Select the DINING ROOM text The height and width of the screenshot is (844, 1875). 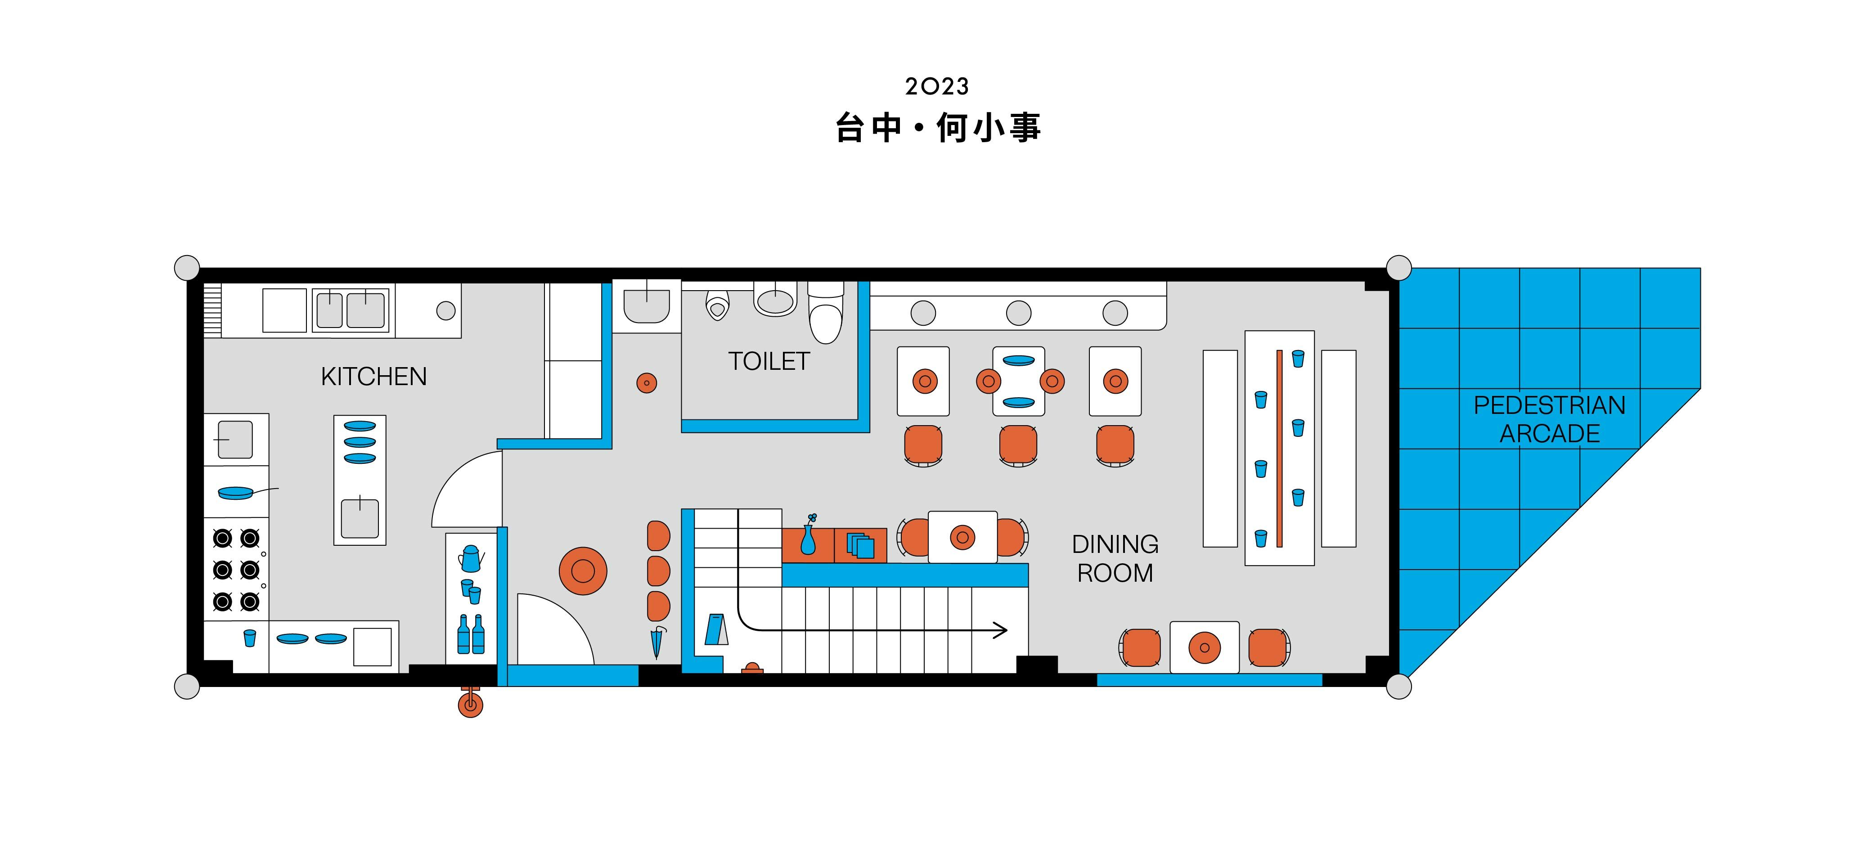click(1115, 558)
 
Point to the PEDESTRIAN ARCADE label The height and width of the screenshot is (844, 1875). click(1550, 419)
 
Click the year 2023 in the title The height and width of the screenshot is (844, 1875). click(937, 86)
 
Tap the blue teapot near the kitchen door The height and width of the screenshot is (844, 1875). click(471, 558)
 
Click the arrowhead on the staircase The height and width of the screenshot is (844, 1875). click(1002, 630)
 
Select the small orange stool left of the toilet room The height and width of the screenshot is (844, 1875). click(646, 383)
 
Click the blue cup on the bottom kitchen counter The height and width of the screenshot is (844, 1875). click(250, 638)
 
